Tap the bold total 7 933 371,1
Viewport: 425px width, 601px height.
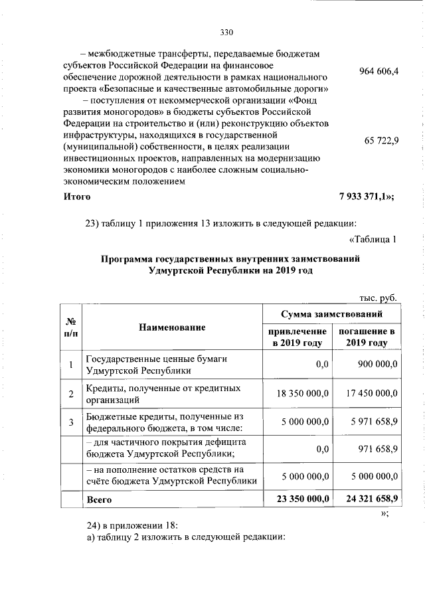(x=367, y=197)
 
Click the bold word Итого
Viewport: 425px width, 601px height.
(x=77, y=197)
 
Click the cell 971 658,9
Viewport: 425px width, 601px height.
(x=379, y=449)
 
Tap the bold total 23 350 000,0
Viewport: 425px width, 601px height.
(x=301, y=497)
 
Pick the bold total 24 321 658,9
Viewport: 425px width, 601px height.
(x=369, y=497)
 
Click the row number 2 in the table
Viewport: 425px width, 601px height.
(x=71, y=394)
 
